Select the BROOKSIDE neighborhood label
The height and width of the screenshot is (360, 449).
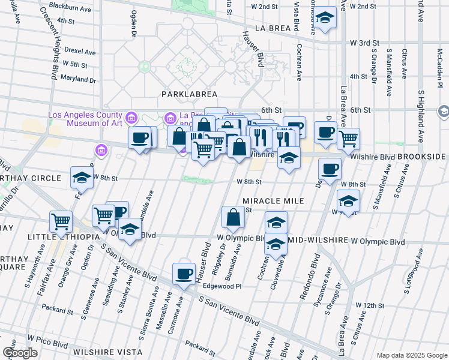coord(423,156)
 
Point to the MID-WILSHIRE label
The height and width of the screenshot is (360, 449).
coord(319,240)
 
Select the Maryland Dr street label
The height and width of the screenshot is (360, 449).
coord(73,78)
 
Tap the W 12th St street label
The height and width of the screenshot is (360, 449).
coord(369,305)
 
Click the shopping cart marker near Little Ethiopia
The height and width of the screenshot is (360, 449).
coord(61,222)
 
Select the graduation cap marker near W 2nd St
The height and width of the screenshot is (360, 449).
coord(325,17)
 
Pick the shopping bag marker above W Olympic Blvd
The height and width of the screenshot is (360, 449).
coord(233,218)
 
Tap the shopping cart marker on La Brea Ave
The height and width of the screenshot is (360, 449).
coord(348,139)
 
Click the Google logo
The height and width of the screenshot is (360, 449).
coord(20,353)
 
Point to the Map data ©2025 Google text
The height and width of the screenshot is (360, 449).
coord(411,355)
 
